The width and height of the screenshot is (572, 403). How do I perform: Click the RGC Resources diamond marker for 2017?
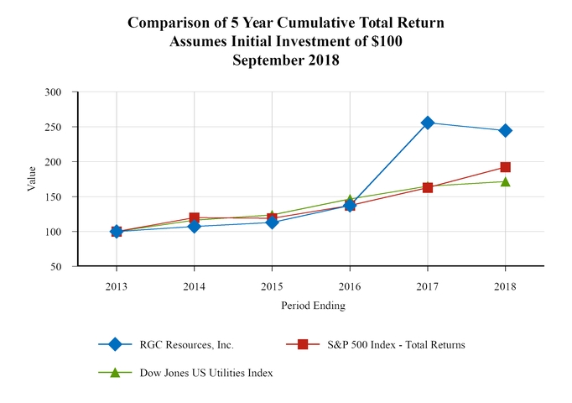point(428,123)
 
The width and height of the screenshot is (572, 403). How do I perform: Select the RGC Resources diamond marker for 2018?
point(505,130)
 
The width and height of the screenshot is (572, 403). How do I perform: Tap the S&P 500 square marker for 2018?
point(505,167)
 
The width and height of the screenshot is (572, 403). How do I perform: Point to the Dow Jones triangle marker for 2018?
point(505,181)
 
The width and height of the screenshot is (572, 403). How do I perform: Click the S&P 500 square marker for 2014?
point(195,218)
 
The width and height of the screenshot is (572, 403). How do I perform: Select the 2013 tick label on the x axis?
point(117,286)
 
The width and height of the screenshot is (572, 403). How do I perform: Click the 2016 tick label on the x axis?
point(350,286)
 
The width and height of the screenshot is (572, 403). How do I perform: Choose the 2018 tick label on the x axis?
point(505,286)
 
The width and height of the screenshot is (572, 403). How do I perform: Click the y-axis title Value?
point(32,179)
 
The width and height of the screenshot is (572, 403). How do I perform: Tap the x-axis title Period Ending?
point(313,306)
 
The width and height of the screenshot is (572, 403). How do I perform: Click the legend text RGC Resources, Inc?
point(189,344)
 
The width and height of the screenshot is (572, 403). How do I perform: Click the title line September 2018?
point(286,60)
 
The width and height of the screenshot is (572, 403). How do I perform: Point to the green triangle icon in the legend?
point(115,373)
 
